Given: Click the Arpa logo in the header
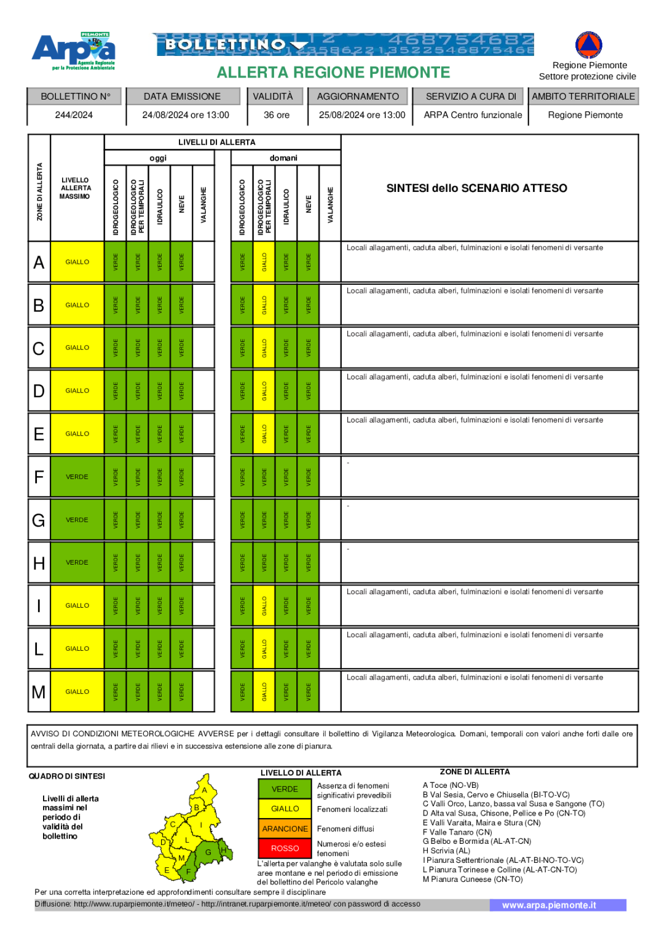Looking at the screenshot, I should (74, 50).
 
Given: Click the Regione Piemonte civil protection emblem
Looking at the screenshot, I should (588, 45).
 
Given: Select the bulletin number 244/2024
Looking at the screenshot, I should (74, 115).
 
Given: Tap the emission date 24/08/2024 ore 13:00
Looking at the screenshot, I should (185, 115).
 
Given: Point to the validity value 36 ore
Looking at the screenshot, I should (277, 115).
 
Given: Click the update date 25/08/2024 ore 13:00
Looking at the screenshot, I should (361, 115).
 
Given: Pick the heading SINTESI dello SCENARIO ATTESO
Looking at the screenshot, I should (476, 188).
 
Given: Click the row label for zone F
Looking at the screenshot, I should (39, 477).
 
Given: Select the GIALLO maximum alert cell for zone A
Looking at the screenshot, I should (77, 262).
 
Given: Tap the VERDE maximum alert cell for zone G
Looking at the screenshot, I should (77, 520).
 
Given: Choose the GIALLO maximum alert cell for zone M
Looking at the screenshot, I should (77, 692).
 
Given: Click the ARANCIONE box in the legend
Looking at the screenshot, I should (285, 828).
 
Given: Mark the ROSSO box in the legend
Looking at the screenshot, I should (285, 848).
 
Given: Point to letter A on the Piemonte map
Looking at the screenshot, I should (205, 790).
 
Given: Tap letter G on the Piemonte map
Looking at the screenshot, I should (208, 852).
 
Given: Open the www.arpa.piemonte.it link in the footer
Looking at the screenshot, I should (549, 905).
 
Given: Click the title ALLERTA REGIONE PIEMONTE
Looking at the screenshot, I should (333, 73).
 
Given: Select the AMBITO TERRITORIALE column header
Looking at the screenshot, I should (583, 97).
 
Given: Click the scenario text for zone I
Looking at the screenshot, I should (475, 592).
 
